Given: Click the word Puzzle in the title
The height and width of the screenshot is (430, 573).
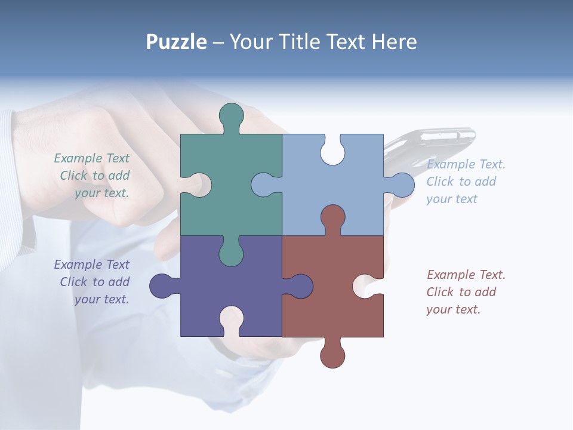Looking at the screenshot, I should (x=176, y=42).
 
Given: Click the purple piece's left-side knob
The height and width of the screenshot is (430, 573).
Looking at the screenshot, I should (x=161, y=286).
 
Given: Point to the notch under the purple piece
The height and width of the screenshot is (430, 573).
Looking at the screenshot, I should (x=231, y=320).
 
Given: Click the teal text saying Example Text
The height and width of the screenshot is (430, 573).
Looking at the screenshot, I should (x=91, y=158).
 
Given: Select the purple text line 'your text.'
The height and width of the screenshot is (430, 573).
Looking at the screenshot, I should (x=101, y=299).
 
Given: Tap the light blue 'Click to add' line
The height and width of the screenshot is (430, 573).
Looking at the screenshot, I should (x=461, y=182).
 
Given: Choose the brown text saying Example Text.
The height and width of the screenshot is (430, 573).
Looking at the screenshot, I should (x=466, y=275).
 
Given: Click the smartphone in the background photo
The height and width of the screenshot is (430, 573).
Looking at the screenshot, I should (x=436, y=143).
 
